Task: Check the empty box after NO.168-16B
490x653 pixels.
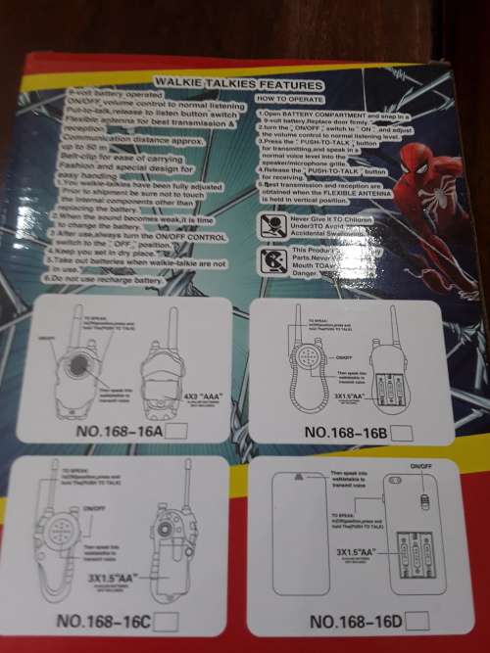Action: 405,431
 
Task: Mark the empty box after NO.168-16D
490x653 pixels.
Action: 417,619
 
